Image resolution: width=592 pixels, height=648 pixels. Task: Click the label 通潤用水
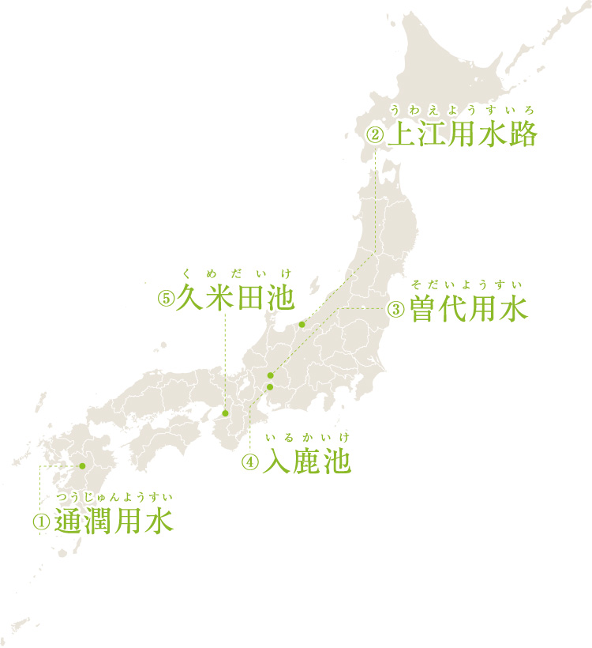pyautogui.click(x=114, y=522)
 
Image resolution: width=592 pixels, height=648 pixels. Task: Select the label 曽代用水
pyautogui.click(x=468, y=309)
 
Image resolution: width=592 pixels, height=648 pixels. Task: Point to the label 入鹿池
pyautogui.click(x=306, y=462)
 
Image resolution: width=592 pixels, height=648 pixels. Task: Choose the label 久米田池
pyautogui.click(x=235, y=299)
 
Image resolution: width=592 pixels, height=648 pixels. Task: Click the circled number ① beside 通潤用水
pyautogui.click(x=40, y=522)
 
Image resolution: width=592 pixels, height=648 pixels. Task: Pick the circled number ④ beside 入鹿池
pyautogui.click(x=249, y=462)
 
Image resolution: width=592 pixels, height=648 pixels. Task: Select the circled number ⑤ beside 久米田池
pyautogui.click(x=165, y=300)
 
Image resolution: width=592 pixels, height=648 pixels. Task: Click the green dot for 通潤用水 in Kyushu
pyautogui.click(x=81, y=466)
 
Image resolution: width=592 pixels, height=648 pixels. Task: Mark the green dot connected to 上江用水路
pyautogui.click(x=302, y=324)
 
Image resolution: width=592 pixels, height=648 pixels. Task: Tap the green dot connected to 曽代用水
pyautogui.click(x=270, y=375)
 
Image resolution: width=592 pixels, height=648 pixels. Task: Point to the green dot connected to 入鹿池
pyautogui.click(x=269, y=386)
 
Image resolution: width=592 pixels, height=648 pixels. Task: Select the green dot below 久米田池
pyautogui.click(x=225, y=413)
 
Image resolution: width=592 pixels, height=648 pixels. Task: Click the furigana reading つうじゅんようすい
pyautogui.click(x=114, y=497)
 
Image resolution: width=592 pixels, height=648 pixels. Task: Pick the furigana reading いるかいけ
pyautogui.click(x=306, y=437)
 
